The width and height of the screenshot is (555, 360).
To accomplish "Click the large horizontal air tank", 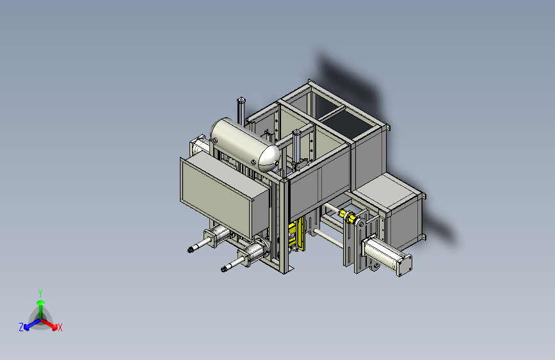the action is [x=245, y=143].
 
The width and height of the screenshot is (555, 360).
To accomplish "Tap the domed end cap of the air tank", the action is [x=269, y=158].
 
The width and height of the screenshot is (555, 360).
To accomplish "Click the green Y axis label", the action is [x=40, y=293].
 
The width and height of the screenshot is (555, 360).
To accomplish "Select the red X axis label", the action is [x=60, y=328].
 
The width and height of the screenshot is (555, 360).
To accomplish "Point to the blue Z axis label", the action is [x=21, y=327].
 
